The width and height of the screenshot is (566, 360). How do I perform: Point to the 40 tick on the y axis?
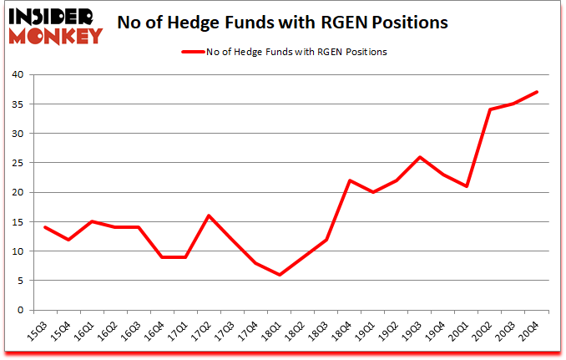(18, 75)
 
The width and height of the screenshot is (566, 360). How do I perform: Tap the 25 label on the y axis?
(18, 163)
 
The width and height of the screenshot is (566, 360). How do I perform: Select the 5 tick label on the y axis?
(21, 281)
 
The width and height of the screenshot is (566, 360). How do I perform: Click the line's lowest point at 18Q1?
(280, 275)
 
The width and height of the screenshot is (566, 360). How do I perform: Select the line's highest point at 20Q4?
(538, 92)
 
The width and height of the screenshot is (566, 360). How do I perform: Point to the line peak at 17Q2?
(210, 215)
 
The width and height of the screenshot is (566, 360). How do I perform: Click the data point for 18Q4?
(351, 180)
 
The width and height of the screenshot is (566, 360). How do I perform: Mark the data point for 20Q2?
(491, 109)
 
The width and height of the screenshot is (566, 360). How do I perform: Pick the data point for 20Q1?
(467, 186)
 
